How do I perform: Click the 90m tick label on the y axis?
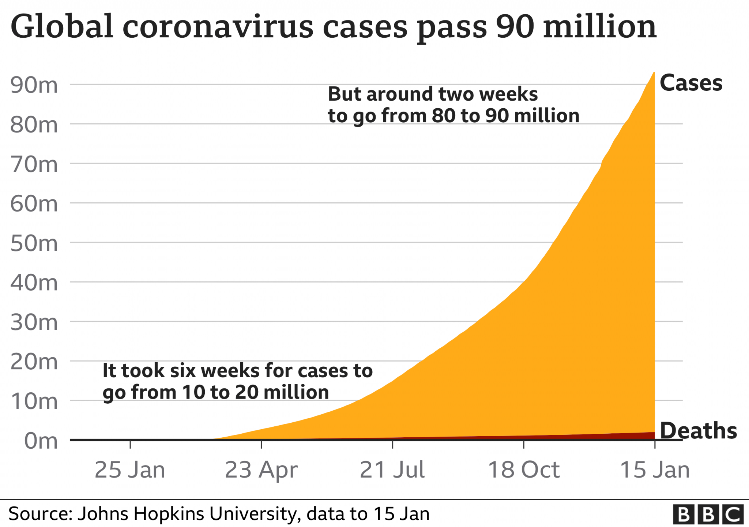[x=34, y=85]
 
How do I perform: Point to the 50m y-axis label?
[x=34, y=243]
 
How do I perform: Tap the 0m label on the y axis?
[x=41, y=441]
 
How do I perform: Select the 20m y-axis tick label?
[x=34, y=362]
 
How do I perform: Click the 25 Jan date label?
[x=130, y=470]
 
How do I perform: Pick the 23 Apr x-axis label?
[x=261, y=470]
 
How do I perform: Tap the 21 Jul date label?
[x=392, y=470]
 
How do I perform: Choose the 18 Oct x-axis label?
[x=524, y=470]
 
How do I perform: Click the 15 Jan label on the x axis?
[x=655, y=470]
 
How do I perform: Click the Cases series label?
[x=691, y=83]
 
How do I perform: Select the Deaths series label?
[x=698, y=430]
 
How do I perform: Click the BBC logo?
[x=708, y=515]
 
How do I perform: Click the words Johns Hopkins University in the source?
[x=189, y=514]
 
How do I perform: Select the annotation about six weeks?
[x=237, y=381]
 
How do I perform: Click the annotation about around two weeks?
[x=453, y=105]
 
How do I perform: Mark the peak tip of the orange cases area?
[x=654, y=73]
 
